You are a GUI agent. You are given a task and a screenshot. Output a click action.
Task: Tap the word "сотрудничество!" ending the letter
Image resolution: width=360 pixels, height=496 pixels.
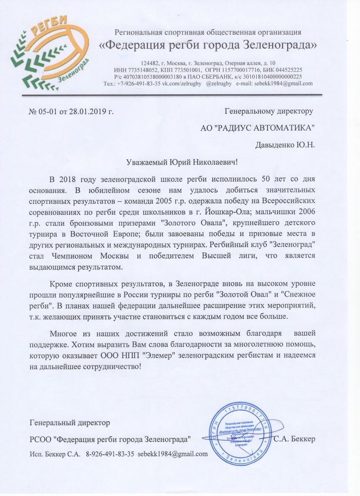(x=109, y=367)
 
